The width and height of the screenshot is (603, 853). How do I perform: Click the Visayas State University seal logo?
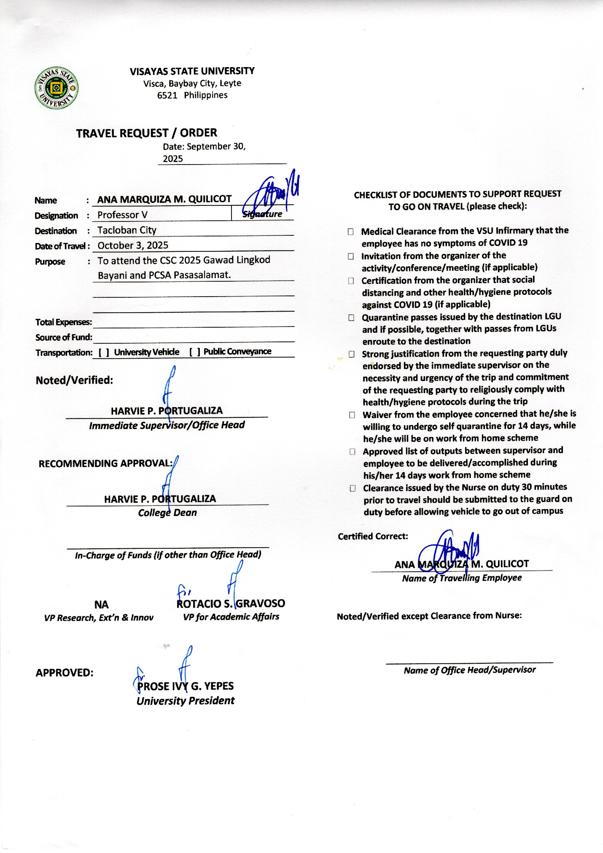click(x=57, y=88)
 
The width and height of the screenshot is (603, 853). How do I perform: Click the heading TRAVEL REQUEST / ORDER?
click(x=146, y=133)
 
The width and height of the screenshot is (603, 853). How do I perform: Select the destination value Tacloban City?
click(x=127, y=230)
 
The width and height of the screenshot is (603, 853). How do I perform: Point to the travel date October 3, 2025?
click(x=133, y=246)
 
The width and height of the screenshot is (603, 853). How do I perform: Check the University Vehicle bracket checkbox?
click(x=104, y=352)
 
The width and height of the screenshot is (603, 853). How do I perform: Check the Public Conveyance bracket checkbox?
click(x=194, y=352)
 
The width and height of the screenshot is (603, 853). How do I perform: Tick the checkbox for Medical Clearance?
click(x=350, y=232)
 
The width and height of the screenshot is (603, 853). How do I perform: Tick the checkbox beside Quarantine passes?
click(x=351, y=318)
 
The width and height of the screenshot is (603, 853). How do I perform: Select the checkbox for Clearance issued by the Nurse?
click(x=353, y=488)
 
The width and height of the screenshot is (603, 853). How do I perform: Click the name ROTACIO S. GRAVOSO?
click(x=230, y=603)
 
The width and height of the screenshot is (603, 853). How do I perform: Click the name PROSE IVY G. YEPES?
click(x=185, y=686)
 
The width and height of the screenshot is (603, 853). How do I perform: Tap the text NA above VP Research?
click(x=101, y=605)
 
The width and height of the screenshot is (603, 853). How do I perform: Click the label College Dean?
click(x=167, y=513)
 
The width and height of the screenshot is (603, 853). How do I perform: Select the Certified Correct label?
click(x=373, y=536)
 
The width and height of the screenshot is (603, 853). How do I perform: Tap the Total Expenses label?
click(x=63, y=322)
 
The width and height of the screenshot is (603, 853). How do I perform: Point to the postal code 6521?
click(x=167, y=96)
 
